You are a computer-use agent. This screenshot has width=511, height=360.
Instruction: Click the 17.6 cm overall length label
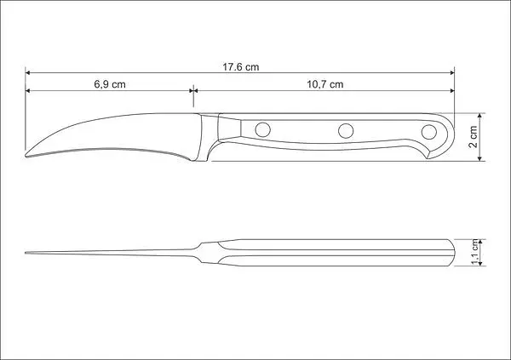pos(241,67)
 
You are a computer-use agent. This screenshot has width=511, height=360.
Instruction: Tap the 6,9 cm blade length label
pos(110,84)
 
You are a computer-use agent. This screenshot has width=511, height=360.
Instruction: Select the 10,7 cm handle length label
pos(325,84)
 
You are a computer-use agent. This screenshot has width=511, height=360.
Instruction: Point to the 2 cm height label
pos(473,136)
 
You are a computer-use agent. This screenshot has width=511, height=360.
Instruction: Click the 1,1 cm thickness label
pos(476,252)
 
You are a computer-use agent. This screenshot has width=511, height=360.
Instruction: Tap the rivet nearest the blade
pos(262,129)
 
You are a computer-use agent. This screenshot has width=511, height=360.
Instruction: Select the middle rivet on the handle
pos(346,131)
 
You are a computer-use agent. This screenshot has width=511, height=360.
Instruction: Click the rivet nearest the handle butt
pos(429,132)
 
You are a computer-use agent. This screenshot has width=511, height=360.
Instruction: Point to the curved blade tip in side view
pos(26,156)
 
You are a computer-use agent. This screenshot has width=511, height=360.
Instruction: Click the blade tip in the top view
pos(26,253)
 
